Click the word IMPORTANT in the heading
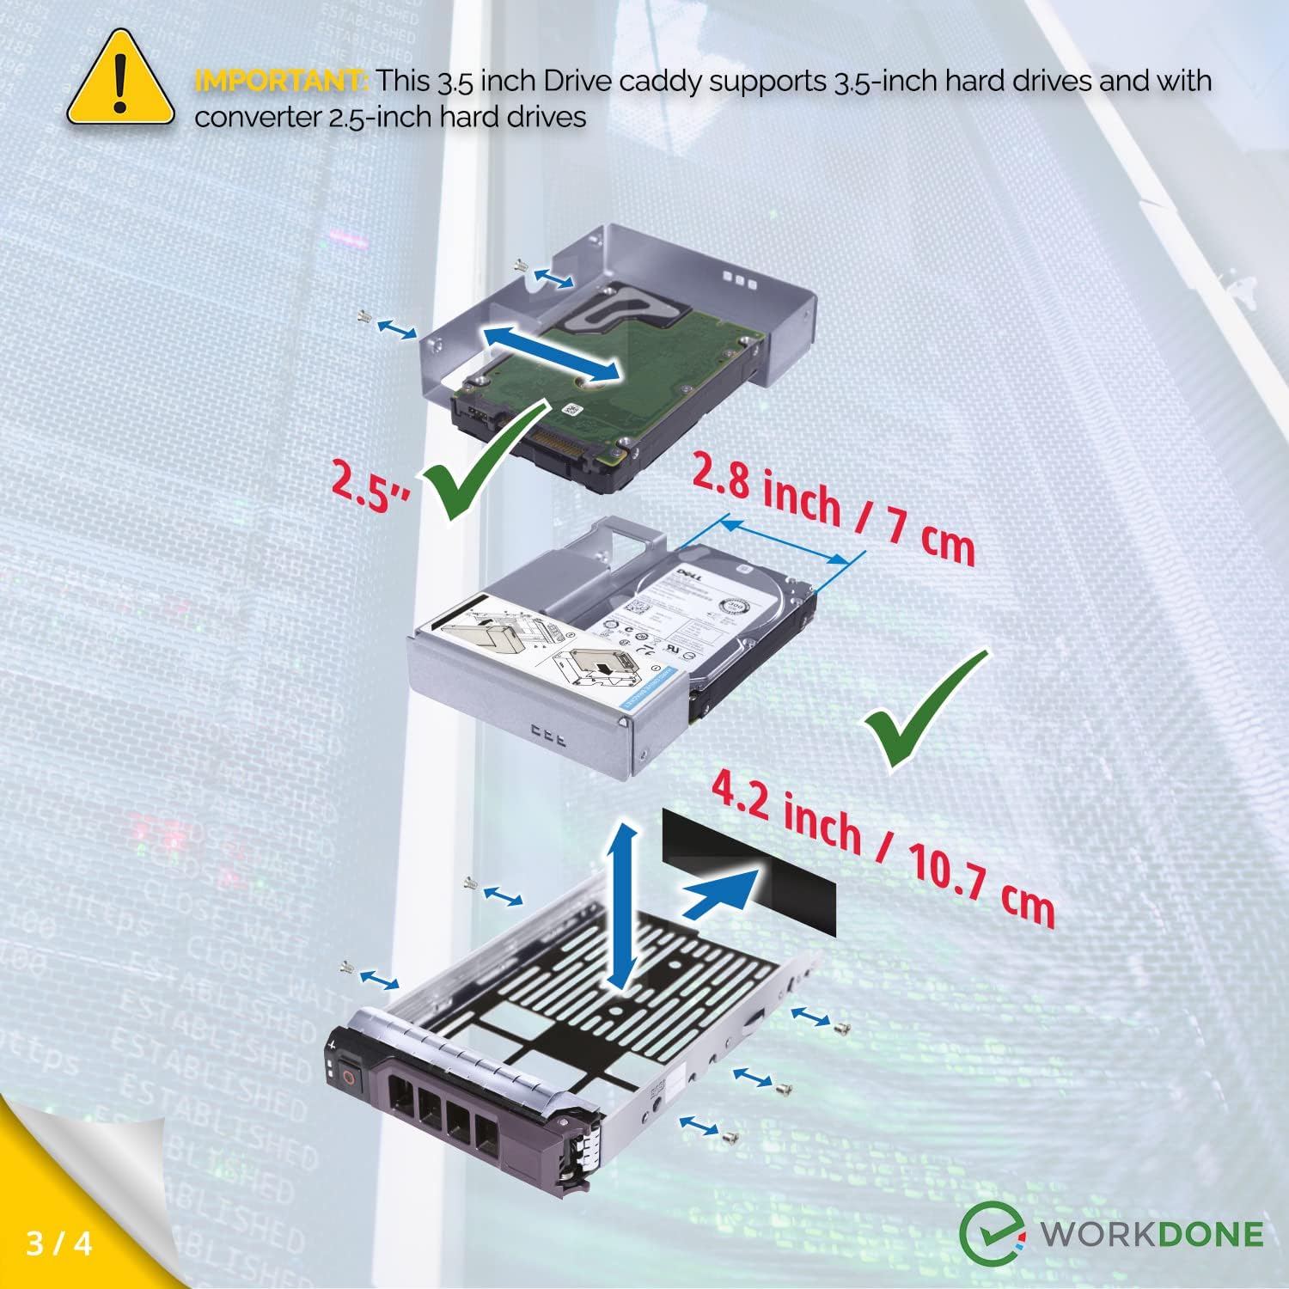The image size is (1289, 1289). click(281, 81)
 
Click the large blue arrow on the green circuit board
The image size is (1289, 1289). click(551, 352)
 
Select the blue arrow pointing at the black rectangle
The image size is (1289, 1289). click(722, 894)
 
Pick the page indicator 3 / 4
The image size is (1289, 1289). click(59, 1243)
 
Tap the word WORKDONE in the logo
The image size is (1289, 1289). click(1152, 1235)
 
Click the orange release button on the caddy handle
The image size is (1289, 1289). click(347, 1075)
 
